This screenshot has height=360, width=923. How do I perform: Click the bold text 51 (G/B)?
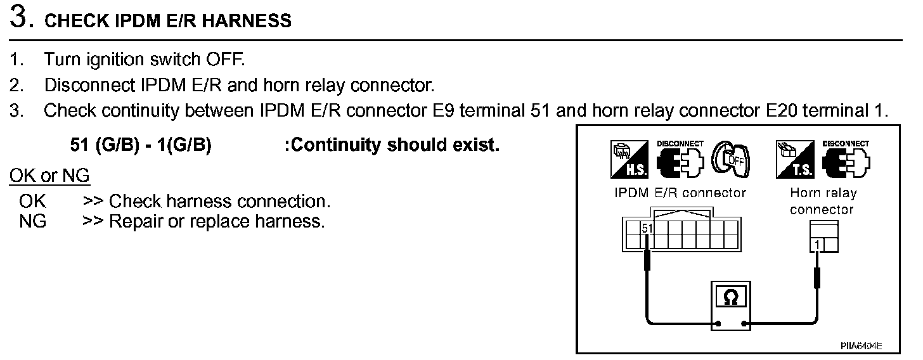[104, 145]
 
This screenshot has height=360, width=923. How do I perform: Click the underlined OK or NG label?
[49, 176]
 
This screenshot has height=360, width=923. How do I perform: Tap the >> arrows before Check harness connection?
[93, 202]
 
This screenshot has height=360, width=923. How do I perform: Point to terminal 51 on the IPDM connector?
[647, 229]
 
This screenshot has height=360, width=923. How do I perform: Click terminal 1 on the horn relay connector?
[818, 245]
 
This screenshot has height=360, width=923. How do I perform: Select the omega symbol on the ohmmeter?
[730, 298]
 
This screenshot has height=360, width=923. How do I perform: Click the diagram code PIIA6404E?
[862, 346]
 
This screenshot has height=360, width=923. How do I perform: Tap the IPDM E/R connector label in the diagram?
[680, 193]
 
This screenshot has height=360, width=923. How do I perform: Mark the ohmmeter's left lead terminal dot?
[718, 325]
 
